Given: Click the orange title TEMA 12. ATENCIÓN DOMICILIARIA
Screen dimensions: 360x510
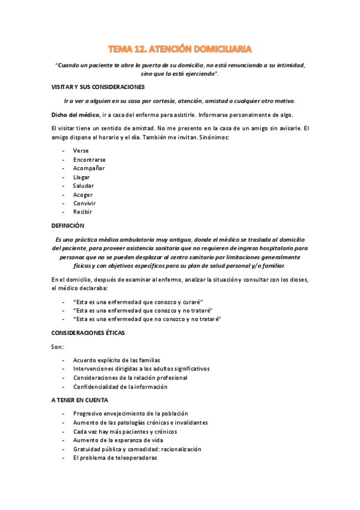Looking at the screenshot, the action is click(180, 48).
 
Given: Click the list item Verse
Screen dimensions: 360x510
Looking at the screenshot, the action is click(81, 150).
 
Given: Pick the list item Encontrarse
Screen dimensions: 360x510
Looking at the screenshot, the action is click(89, 159).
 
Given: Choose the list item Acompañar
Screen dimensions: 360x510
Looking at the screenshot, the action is click(88, 168).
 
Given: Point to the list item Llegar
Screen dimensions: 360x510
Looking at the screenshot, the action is click(82, 177).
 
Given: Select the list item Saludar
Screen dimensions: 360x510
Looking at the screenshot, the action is click(83, 186).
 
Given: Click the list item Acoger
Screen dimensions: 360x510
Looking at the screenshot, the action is click(82, 195).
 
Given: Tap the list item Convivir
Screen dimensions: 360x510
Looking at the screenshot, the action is click(84, 203).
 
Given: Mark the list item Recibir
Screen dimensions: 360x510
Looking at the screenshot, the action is click(82, 212).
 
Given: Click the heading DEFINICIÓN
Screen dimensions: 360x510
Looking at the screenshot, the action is click(68, 226).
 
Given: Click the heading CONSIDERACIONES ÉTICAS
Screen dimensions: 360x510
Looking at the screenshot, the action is click(88, 332).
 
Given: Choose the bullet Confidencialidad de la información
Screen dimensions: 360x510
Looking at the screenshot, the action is click(120, 387).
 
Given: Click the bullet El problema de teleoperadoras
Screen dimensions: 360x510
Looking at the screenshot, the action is click(115, 458).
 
